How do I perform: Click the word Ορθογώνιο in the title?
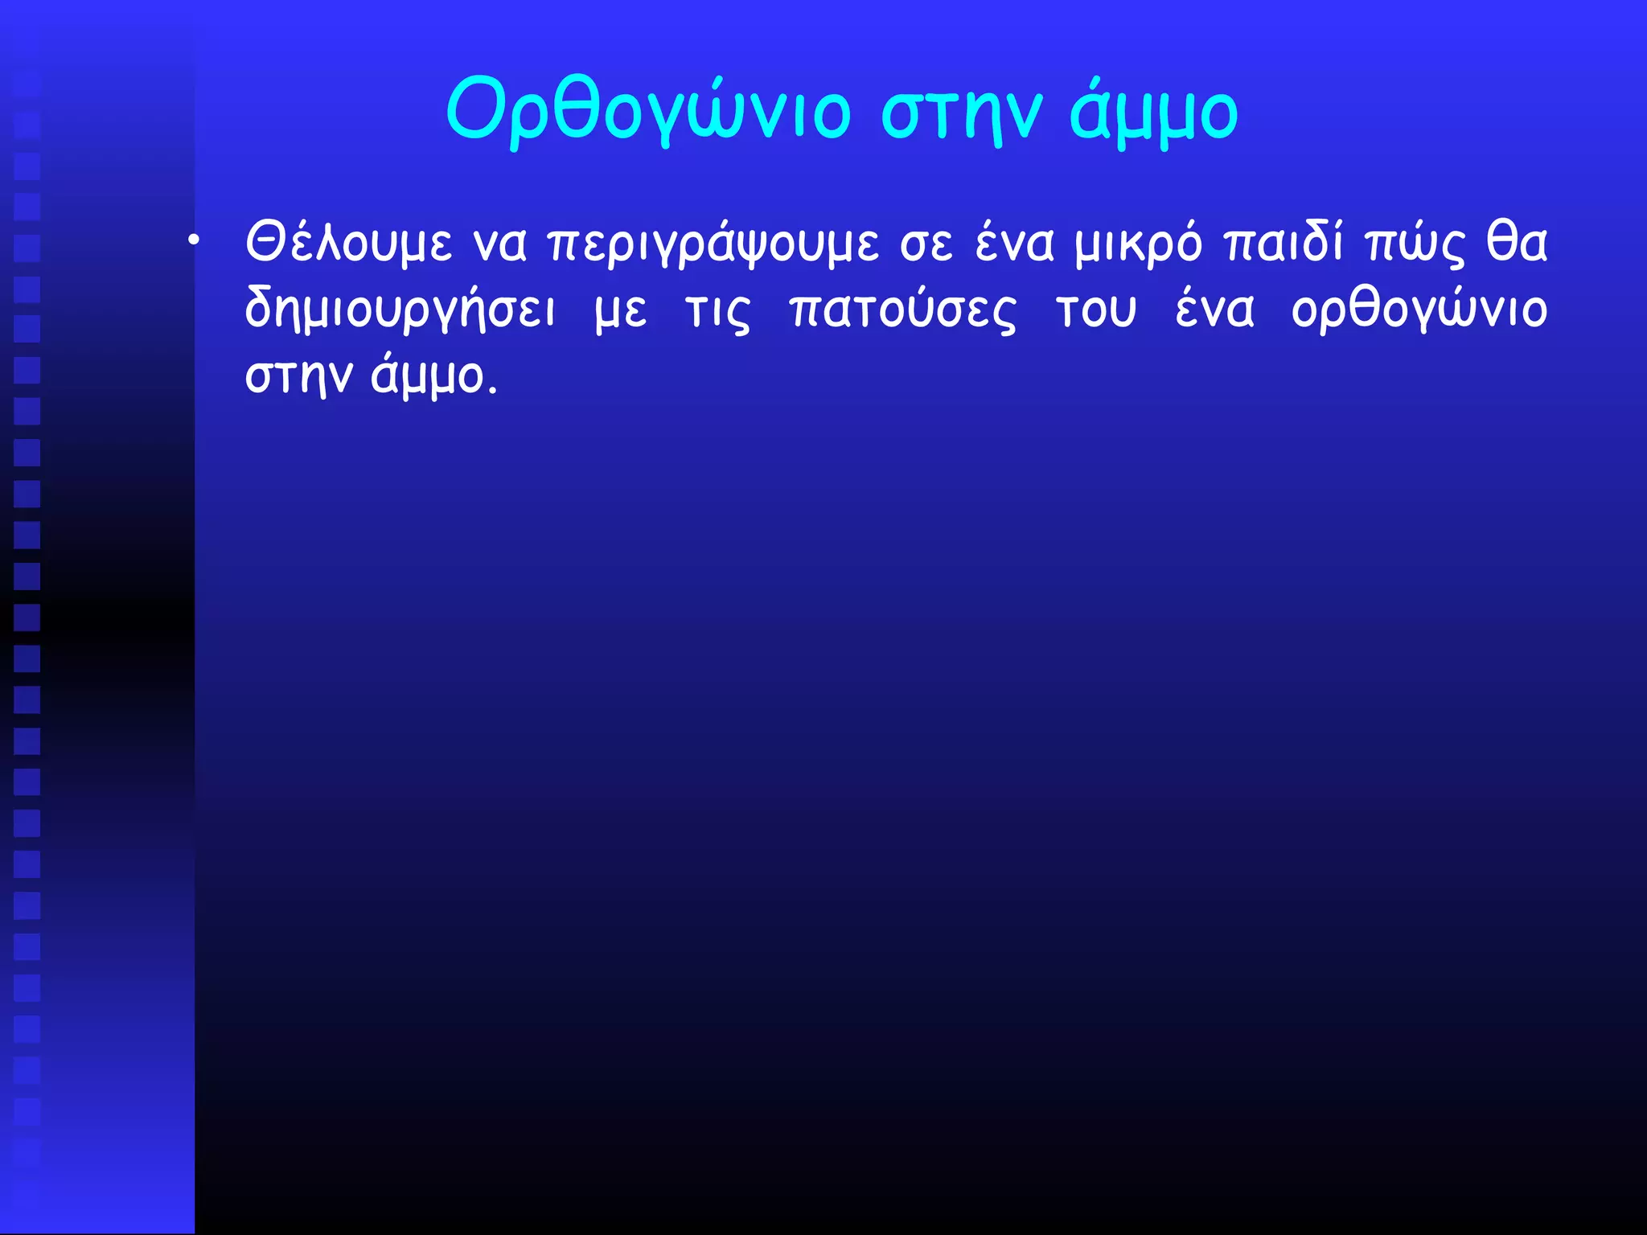(x=647, y=111)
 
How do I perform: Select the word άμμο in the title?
(x=1153, y=111)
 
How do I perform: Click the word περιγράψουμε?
(x=713, y=244)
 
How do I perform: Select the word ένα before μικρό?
(x=1014, y=242)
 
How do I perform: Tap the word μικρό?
(x=1139, y=244)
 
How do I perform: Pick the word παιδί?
(x=1284, y=242)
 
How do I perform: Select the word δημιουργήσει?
(x=400, y=310)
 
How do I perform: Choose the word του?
(x=1096, y=310)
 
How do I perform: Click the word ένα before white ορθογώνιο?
(x=1214, y=310)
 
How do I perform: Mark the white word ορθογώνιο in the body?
(x=1419, y=310)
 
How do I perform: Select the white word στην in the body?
(x=298, y=376)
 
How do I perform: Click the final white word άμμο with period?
(x=434, y=376)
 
